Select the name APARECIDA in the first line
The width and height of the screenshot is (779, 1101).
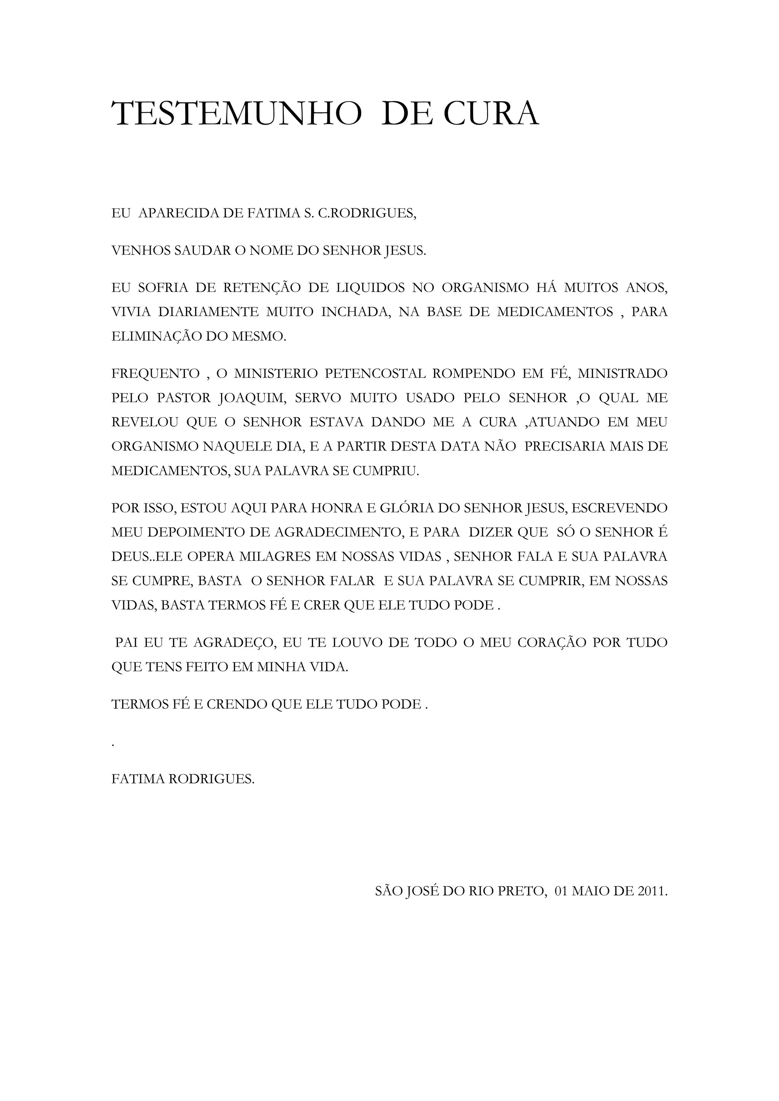(178, 213)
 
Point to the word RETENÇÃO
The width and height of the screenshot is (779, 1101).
(262, 288)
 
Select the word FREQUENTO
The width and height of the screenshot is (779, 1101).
(156, 374)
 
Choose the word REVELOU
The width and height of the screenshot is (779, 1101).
(145, 422)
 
